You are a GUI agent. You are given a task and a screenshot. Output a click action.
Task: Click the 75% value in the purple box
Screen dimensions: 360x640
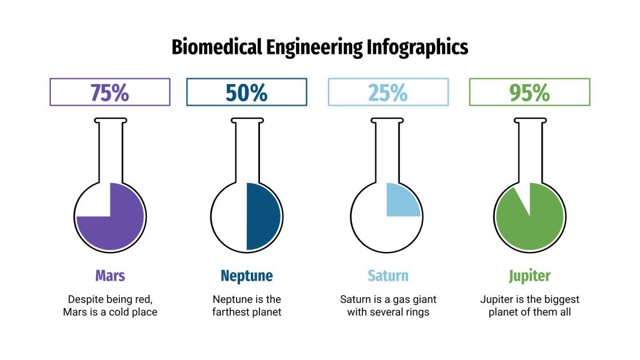pos(110,93)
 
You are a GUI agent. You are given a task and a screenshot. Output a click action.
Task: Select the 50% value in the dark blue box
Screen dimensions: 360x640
pos(246,93)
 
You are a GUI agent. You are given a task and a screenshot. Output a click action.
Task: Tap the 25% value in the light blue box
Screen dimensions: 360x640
pos(388,93)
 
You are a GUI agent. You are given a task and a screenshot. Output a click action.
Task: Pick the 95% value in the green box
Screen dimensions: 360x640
pos(530,93)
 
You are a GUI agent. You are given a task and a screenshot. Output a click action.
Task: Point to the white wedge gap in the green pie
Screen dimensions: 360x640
pos(523,197)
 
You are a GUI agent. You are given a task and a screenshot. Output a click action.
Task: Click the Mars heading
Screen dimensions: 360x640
pos(110,276)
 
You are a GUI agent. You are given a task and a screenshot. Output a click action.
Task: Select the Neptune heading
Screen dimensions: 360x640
pos(246,276)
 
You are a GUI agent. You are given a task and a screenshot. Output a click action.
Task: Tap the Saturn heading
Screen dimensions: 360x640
pos(388,276)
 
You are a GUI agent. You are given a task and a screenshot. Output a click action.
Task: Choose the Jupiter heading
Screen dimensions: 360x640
pos(530,276)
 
